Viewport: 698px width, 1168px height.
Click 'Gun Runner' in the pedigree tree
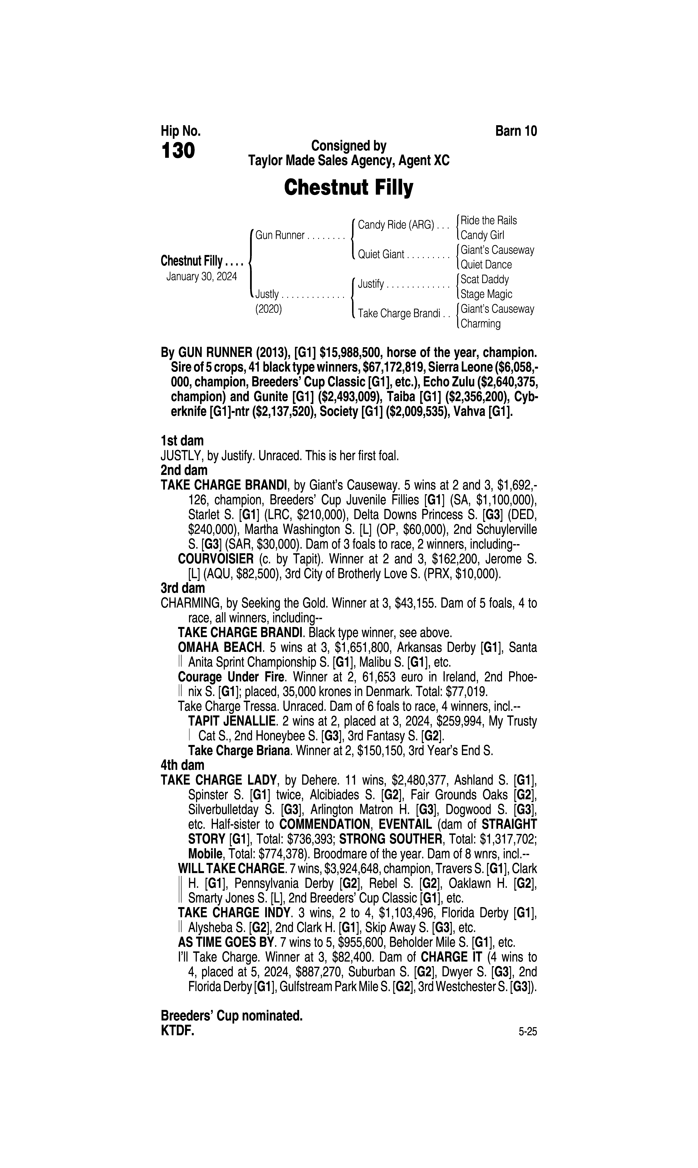[280, 235]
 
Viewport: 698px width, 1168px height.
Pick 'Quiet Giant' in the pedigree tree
[381, 255]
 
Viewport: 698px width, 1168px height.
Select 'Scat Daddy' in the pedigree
[484, 280]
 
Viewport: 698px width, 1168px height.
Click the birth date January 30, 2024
[201, 276]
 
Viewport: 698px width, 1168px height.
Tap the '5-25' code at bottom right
[527, 1032]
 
